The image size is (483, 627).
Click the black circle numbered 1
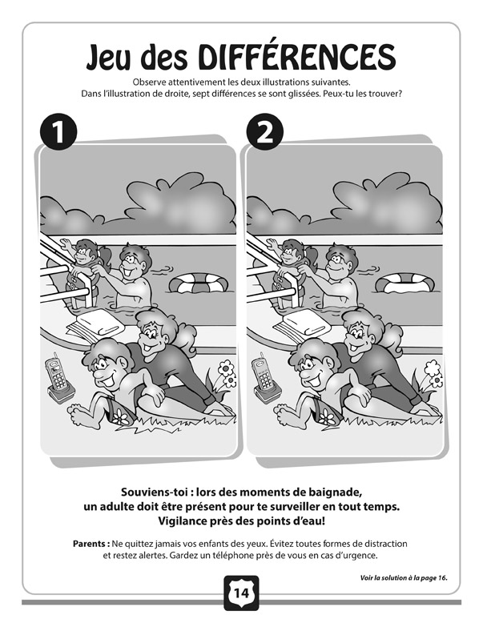(x=58, y=132)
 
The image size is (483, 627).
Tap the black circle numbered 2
(x=264, y=132)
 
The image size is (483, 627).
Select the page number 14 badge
(x=241, y=593)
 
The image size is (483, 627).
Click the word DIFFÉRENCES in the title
(x=296, y=56)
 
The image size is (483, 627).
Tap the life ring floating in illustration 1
(x=199, y=283)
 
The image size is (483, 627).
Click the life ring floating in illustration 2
(x=405, y=283)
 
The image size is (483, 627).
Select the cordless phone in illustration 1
(x=59, y=378)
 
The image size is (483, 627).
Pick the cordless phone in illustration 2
(x=265, y=378)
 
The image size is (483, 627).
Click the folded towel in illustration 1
(x=96, y=324)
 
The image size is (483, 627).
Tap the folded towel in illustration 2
(x=303, y=324)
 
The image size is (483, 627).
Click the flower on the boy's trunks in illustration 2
(x=327, y=416)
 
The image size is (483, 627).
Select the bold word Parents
(x=91, y=544)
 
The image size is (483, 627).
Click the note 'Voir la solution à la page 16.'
(x=404, y=578)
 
